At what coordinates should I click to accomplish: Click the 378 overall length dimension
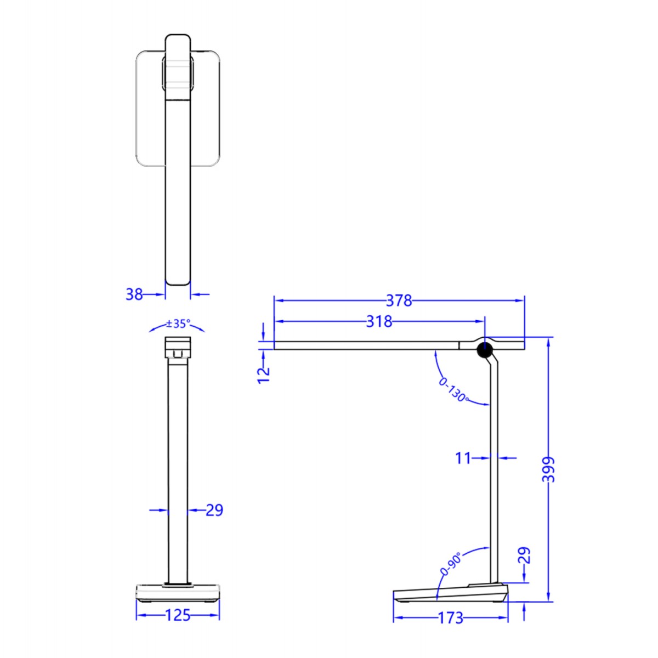coord(399,300)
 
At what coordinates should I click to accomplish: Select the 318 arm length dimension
coord(379,321)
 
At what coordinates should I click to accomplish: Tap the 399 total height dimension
coord(548,469)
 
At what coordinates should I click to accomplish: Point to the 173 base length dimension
coord(450,618)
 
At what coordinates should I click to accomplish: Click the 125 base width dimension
coord(178,615)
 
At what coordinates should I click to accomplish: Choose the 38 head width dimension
coord(134,294)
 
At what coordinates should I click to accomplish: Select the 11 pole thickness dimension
coord(463,457)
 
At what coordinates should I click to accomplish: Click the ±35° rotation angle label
coord(178,324)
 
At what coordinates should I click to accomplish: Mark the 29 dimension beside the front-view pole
coord(214,510)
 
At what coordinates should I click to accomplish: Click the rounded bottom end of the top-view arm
coord(178,279)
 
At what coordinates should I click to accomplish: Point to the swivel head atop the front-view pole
coord(178,348)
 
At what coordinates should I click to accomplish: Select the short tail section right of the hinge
coord(510,345)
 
